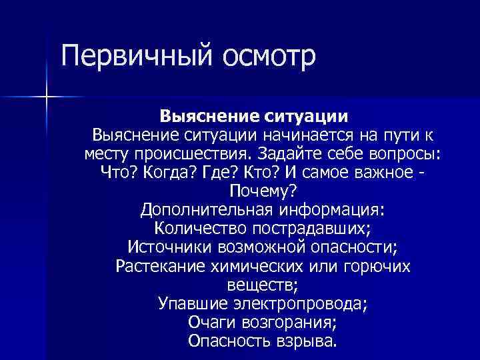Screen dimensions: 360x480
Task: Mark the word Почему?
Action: click(262, 192)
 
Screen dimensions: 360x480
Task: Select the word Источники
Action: click(169, 248)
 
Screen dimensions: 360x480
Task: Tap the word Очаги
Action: click(209, 323)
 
